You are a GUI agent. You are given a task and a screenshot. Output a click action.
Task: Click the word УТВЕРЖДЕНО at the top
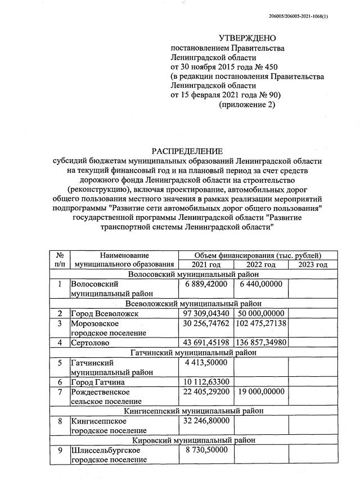[247, 38]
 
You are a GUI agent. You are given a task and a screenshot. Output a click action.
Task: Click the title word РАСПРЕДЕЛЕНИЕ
[187, 151]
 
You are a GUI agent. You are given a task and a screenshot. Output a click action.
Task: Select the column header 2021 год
[205, 264]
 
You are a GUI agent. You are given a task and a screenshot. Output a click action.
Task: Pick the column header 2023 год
[313, 264]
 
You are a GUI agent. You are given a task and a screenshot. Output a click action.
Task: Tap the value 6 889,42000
[205, 285]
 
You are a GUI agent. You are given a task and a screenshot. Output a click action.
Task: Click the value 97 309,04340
[205, 313]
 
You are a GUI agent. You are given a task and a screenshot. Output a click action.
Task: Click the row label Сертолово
[91, 343]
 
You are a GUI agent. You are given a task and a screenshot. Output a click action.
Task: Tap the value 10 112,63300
[205, 382]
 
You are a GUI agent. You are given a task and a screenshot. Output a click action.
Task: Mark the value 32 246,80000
[205, 420]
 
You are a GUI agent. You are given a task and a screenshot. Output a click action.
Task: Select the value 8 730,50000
[205, 451]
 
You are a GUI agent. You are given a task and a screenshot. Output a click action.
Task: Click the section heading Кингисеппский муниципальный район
[193, 411]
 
